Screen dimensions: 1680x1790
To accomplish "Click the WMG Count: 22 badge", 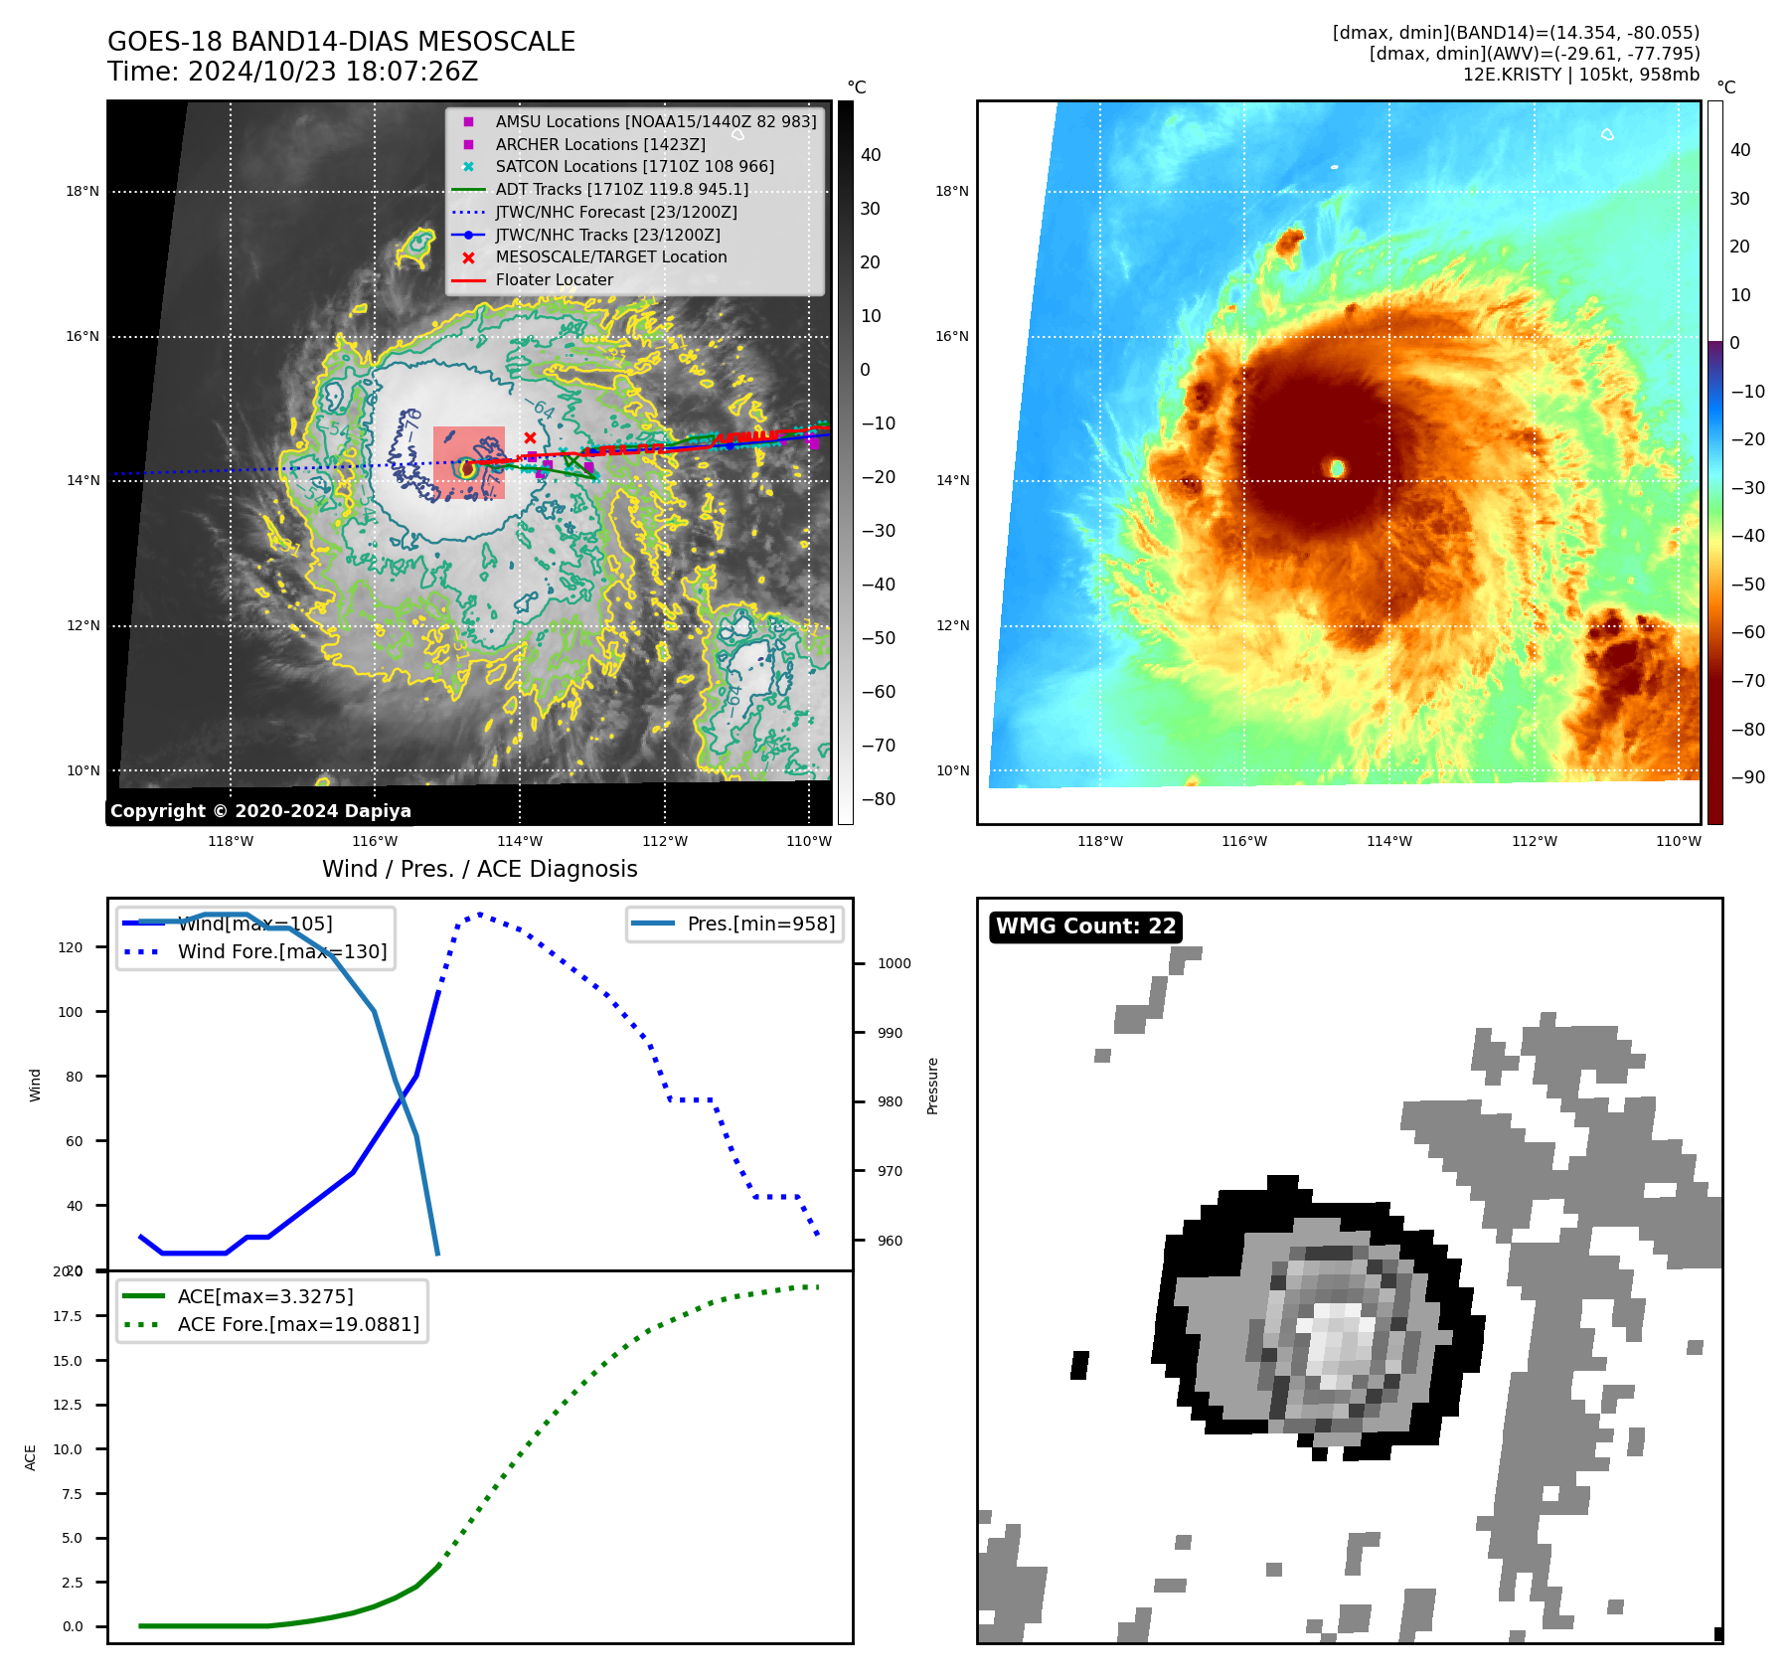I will coord(1085,926).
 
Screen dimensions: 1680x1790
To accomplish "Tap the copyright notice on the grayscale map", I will coord(260,811).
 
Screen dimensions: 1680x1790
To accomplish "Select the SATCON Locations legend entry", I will coord(634,167).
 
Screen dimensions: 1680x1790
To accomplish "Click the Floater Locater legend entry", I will coord(554,280).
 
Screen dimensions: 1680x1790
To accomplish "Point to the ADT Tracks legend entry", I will coord(621,190).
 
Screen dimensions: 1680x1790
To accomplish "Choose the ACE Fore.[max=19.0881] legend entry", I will coord(298,1325).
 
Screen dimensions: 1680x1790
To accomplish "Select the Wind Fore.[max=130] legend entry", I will coord(282,952).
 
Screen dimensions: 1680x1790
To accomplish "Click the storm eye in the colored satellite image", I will coord(1337,467).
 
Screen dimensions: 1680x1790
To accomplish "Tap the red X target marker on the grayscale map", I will coord(530,437).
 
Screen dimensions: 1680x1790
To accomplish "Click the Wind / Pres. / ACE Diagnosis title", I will coord(479,870).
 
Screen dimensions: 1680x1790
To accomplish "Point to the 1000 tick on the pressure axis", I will coord(894,963).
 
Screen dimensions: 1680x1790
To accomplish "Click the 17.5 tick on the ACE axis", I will coord(68,1316).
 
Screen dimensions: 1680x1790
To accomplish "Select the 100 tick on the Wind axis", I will coord(71,1012).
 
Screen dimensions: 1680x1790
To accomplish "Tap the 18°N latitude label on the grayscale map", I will coord(82,192).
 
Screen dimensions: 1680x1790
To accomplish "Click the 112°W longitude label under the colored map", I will coord(1534,842).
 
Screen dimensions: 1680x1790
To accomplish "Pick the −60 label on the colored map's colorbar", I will coord(1747,632).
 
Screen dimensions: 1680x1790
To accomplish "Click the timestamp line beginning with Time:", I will coord(293,73).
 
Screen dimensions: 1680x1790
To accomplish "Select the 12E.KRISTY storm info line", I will coord(1580,75).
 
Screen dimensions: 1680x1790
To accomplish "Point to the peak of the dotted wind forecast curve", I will coord(480,914).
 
